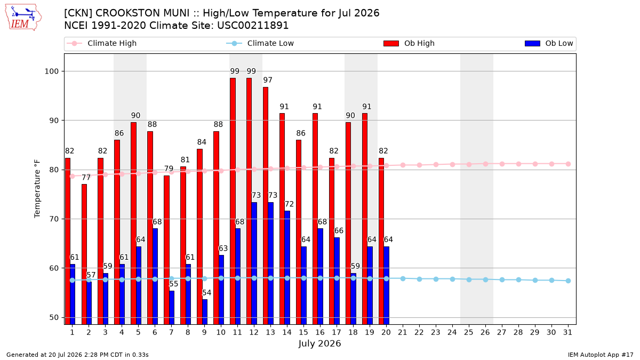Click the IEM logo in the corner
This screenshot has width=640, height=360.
pyautogui.click(x=23, y=18)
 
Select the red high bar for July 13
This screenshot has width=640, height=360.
pyautogui.click(x=266, y=206)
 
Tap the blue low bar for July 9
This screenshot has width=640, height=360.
pyautogui.click(x=205, y=311)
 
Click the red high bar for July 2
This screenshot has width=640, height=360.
pyautogui.click(x=84, y=254)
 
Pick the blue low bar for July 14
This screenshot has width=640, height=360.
pyautogui.click(x=287, y=268)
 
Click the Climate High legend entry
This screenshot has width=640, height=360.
pyautogui.click(x=102, y=43)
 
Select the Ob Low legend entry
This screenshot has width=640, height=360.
pyautogui.click(x=549, y=43)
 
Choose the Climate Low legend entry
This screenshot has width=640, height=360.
pyautogui.click(x=260, y=43)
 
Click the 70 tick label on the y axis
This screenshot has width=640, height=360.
pyautogui.click(x=54, y=219)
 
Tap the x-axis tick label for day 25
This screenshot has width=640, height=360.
pyautogui.click(x=469, y=332)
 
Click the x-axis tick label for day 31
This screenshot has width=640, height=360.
pyautogui.click(x=567, y=332)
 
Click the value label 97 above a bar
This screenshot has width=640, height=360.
pyautogui.click(x=268, y=80)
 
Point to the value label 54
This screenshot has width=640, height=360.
pyautogui.click(x=206, y=293)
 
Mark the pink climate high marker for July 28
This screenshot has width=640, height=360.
pyautogui.click(x=518, y=164)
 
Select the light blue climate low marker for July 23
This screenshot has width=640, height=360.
pyautogui.click(x=436, y=279)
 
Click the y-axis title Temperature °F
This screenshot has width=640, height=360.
pyautogui.click(x=37, y=189)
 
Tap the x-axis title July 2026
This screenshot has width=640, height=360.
pyautogui.click(x=319, y=343)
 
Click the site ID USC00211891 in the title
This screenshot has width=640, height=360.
pyautogui.click(x=253, y=26)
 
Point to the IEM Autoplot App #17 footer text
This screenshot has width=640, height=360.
pyautogui.click(x=601, y=355)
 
